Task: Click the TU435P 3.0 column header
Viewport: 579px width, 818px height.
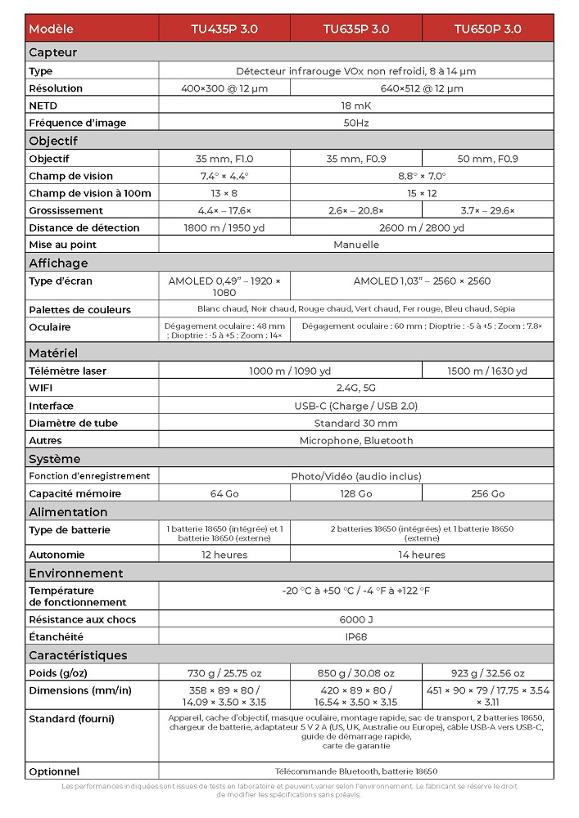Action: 224,29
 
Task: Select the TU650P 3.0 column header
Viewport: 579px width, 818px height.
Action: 488,29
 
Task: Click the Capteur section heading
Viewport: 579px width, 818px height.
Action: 53,52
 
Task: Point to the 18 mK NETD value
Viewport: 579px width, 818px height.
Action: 355,106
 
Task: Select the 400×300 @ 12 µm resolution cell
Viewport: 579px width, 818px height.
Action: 224,88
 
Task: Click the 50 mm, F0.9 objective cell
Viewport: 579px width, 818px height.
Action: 488,159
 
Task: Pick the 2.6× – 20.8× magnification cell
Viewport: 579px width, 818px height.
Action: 356,210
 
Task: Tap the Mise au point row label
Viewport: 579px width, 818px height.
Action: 62,245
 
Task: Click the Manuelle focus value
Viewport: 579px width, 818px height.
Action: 355,245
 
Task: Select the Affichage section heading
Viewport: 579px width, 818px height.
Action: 58,263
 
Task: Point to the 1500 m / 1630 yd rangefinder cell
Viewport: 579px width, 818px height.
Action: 488,371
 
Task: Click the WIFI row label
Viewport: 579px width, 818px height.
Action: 40,388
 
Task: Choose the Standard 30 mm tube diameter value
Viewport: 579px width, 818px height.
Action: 355,423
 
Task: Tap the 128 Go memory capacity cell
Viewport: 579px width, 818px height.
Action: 356,493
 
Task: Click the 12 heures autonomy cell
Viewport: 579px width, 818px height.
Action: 224,555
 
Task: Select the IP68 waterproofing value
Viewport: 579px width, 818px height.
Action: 355,636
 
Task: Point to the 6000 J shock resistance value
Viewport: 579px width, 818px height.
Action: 355,619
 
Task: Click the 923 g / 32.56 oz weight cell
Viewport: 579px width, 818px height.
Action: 488,673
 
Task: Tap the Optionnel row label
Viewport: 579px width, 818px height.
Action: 54,771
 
